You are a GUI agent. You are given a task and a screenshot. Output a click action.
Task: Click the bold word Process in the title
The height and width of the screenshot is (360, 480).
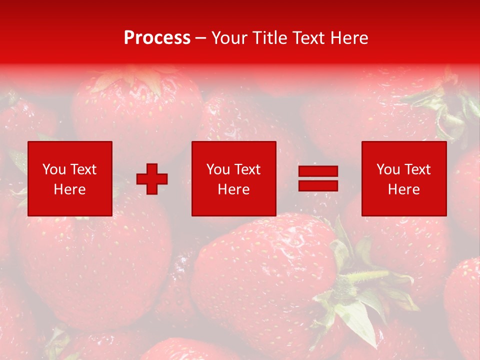[157, 38]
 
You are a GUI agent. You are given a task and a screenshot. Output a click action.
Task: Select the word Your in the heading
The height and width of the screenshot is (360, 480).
[230, 38]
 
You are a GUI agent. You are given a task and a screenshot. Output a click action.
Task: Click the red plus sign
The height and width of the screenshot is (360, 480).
[152, 179]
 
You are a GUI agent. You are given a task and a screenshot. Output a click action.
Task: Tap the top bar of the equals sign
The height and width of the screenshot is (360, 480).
[318, 171]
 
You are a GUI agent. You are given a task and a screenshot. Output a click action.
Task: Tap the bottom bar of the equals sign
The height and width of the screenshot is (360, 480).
[318, 186]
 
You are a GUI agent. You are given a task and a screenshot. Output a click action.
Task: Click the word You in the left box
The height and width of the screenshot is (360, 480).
[54, 169]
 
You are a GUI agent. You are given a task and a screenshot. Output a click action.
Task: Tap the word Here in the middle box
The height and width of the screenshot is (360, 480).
[233, 189]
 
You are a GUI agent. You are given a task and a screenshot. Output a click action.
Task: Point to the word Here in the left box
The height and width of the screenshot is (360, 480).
[69, 189]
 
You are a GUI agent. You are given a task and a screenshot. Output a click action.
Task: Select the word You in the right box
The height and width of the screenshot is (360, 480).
[388, 169]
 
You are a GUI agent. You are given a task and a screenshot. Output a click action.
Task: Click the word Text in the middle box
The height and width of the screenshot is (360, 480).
[247, 169]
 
